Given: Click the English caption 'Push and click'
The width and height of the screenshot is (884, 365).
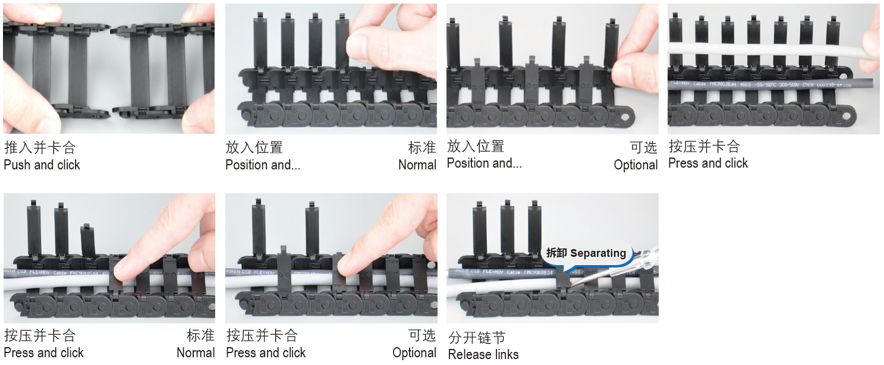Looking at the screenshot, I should click(x=42, y=165).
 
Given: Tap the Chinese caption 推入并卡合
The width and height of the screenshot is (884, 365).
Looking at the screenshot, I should click(x=39, y=147).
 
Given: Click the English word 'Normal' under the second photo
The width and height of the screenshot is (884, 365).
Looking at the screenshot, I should click(x=417, y=165).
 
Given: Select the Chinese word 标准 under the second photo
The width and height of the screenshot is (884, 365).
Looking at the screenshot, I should click(x=421, y=147).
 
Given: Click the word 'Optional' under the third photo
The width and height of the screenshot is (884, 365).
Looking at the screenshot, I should click(x=636, y=165).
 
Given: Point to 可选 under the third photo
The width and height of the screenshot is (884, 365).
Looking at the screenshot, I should click(x=643, y=147).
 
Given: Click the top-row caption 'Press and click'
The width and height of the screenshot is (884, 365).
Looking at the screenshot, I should click(x=707, y=163).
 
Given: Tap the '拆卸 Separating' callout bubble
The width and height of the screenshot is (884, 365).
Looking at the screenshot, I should click(x=586, y=253).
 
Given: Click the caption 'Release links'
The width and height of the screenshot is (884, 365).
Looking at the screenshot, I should click(x=483, y=355).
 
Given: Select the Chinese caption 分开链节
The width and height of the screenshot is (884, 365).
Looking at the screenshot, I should click(x=477, y=338).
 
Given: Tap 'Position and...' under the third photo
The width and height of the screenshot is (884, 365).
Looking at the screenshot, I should click(x=484, y=163).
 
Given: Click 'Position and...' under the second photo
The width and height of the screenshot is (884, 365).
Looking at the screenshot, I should click(x=262, y=165).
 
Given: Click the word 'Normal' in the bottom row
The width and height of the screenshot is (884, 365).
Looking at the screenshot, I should click(x=195, y=353).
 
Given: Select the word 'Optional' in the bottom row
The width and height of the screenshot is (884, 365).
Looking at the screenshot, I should click(x=414, y=353).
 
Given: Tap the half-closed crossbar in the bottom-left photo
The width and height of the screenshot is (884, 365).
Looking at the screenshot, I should click(x=87, y=238).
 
